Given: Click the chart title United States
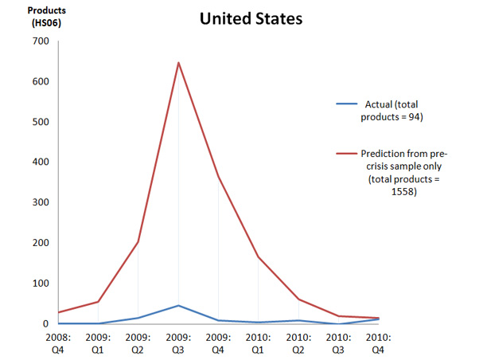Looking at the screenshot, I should tap(251, 18).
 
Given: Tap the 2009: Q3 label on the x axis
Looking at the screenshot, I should tap(178, 343).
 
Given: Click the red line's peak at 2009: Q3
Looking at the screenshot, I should tap(178, 62).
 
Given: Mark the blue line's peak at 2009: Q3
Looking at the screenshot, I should tap(178, 305).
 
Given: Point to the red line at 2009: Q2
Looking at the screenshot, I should tap(138, 242).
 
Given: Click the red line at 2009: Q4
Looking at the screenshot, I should tap(219, 177).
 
